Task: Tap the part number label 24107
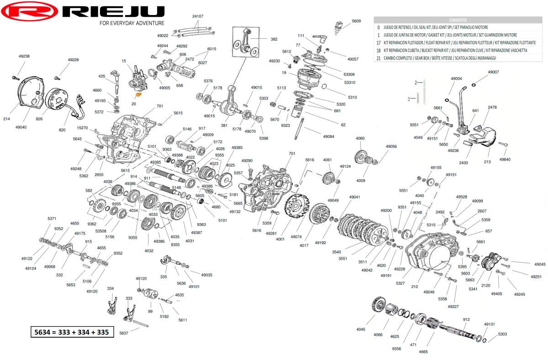[x=197, y=16]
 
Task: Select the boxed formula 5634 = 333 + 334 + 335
[x=72, y=332]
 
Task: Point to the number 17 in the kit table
[x=378, y=42]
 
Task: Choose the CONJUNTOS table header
[x=458, y=20]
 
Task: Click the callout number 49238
[x=24, y=56]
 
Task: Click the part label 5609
[x=356, y=21]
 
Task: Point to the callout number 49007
[x=493, y=72]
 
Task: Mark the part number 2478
[x=492, y=107]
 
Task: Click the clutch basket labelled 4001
[x=297, y=212]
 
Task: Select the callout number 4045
[x=361, y=329]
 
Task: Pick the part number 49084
[x=328, y=136]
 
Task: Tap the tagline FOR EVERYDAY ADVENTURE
[x=132, y=23]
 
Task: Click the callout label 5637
[x=124, y=333]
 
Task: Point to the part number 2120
[x=485, y=285]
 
